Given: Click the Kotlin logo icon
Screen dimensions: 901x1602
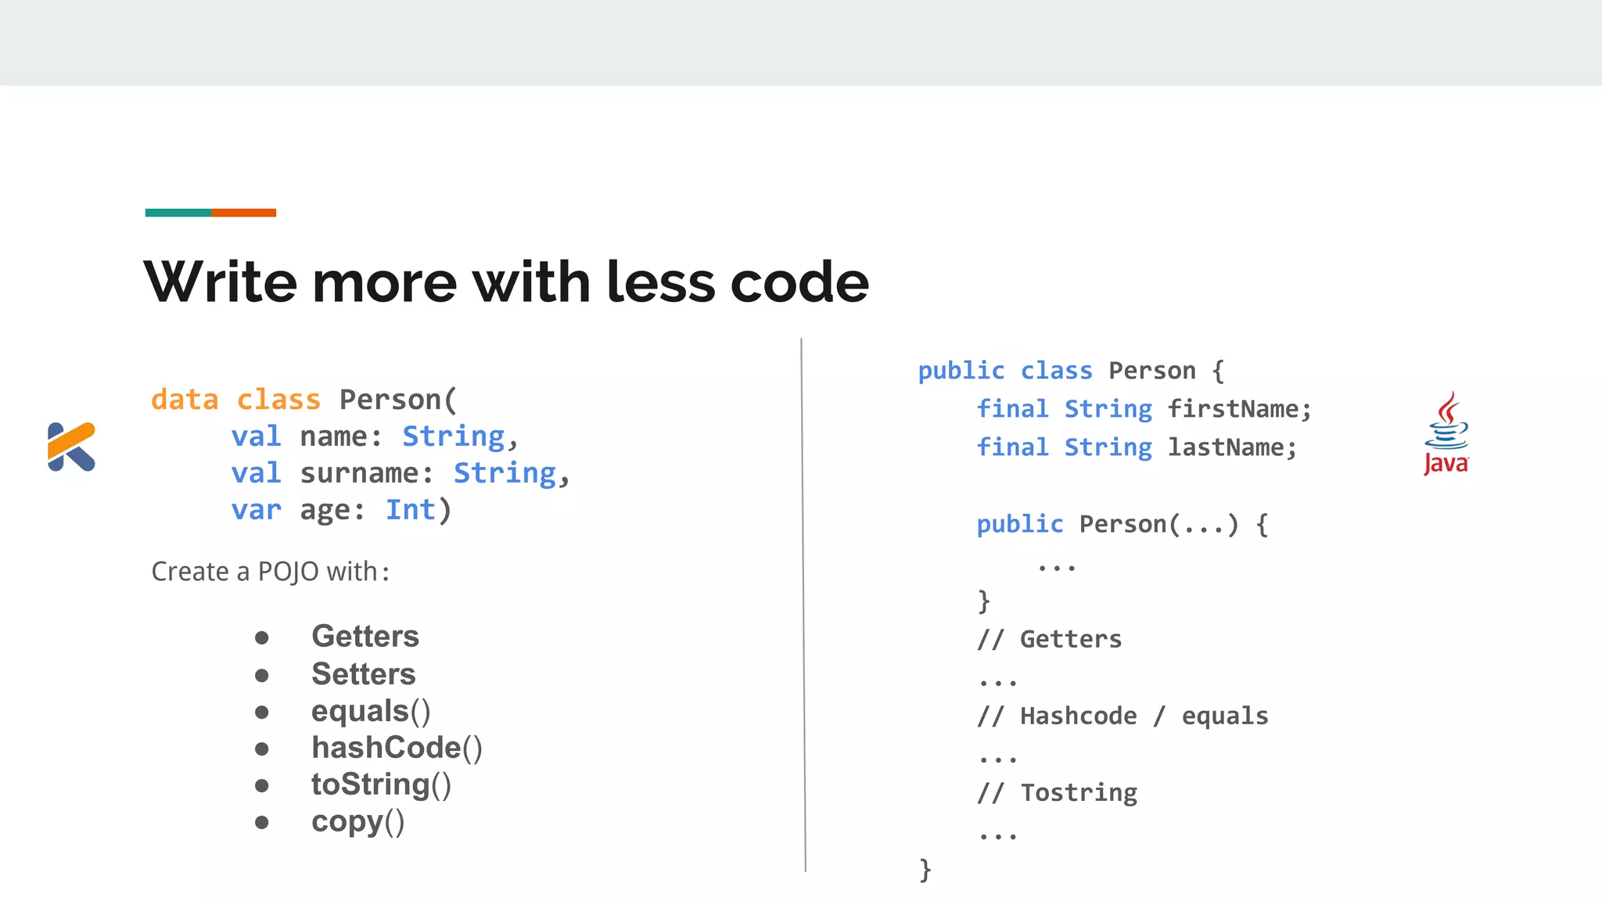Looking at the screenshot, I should tap(71, 447).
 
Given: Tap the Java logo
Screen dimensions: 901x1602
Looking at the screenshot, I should tap(1446, 434).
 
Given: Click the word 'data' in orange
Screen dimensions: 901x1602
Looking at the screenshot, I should tap(185, 400).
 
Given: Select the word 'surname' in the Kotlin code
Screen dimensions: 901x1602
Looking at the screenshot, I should tap(360, 473).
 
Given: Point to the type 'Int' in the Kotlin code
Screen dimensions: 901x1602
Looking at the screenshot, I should tap(410, 510).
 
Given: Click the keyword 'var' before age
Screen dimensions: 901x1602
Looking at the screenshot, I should tap(256, 510).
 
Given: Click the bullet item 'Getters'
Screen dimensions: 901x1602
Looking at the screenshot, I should tap(365, 637).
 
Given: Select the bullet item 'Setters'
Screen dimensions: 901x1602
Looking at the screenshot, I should tap(364, 674).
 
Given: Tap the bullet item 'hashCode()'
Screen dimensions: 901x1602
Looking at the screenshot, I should tap(397, 748).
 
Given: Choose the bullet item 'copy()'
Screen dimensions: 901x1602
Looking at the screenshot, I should tap(357, 822).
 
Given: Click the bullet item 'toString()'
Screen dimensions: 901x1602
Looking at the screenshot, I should tap(381, 784).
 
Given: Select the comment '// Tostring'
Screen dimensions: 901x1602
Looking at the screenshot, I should tap(1058, 793).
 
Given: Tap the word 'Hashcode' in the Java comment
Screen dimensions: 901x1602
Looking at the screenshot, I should tap(1079, 716).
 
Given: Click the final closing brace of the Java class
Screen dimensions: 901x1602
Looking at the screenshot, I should tap(925, 870).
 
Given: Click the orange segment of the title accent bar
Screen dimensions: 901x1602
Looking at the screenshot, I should tap(243, 213).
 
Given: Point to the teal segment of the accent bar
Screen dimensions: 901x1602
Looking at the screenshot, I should tap(178, 213).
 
